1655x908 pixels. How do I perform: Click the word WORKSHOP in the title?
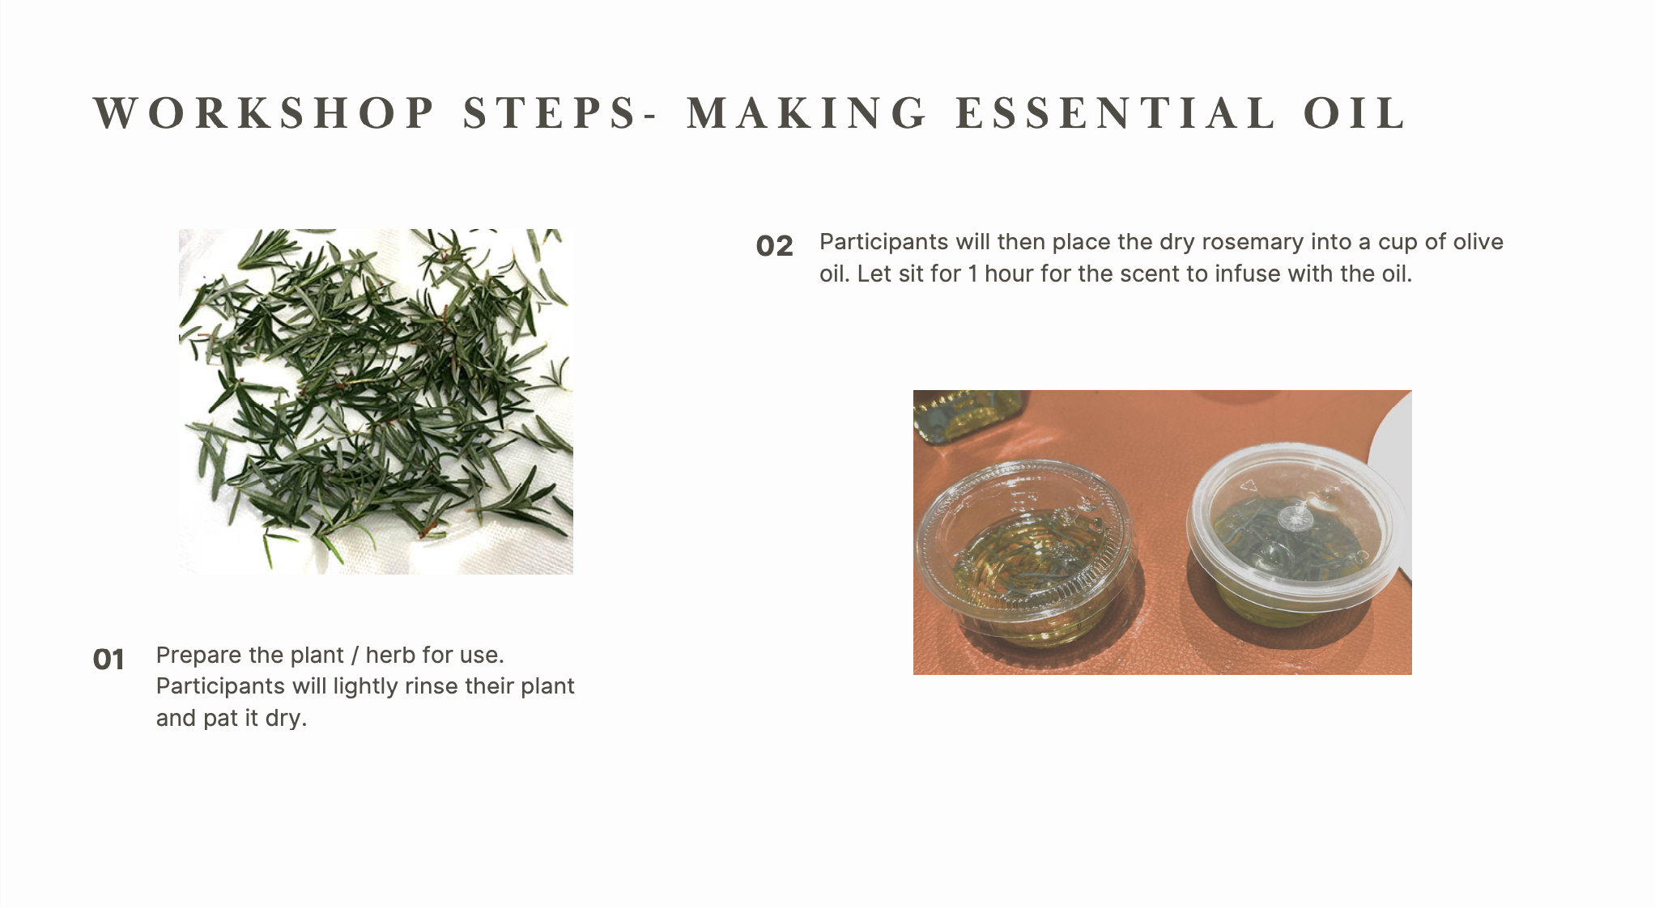click(265, 113)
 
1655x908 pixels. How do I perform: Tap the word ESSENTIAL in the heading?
click(1116, 113)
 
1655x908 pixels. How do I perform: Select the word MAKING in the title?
click(807, 113)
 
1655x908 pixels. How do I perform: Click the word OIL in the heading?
click(1355, 113)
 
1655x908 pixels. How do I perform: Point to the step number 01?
click(108, 660)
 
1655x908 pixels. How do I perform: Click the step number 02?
click(774, 246)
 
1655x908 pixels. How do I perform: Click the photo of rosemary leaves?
click(376, 401)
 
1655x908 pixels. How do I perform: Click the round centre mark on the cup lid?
click(1294, 516)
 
